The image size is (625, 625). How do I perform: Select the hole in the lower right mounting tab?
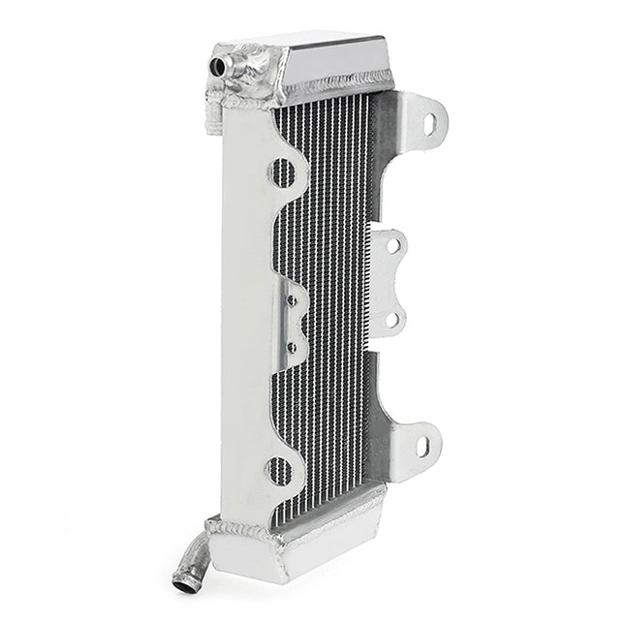click(422, 447)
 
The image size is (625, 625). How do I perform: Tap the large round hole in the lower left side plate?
click(280, 472)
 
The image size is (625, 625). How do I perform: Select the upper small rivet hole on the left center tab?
click(290, 301)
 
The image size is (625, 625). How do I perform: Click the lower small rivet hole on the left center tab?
click(291, 345)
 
